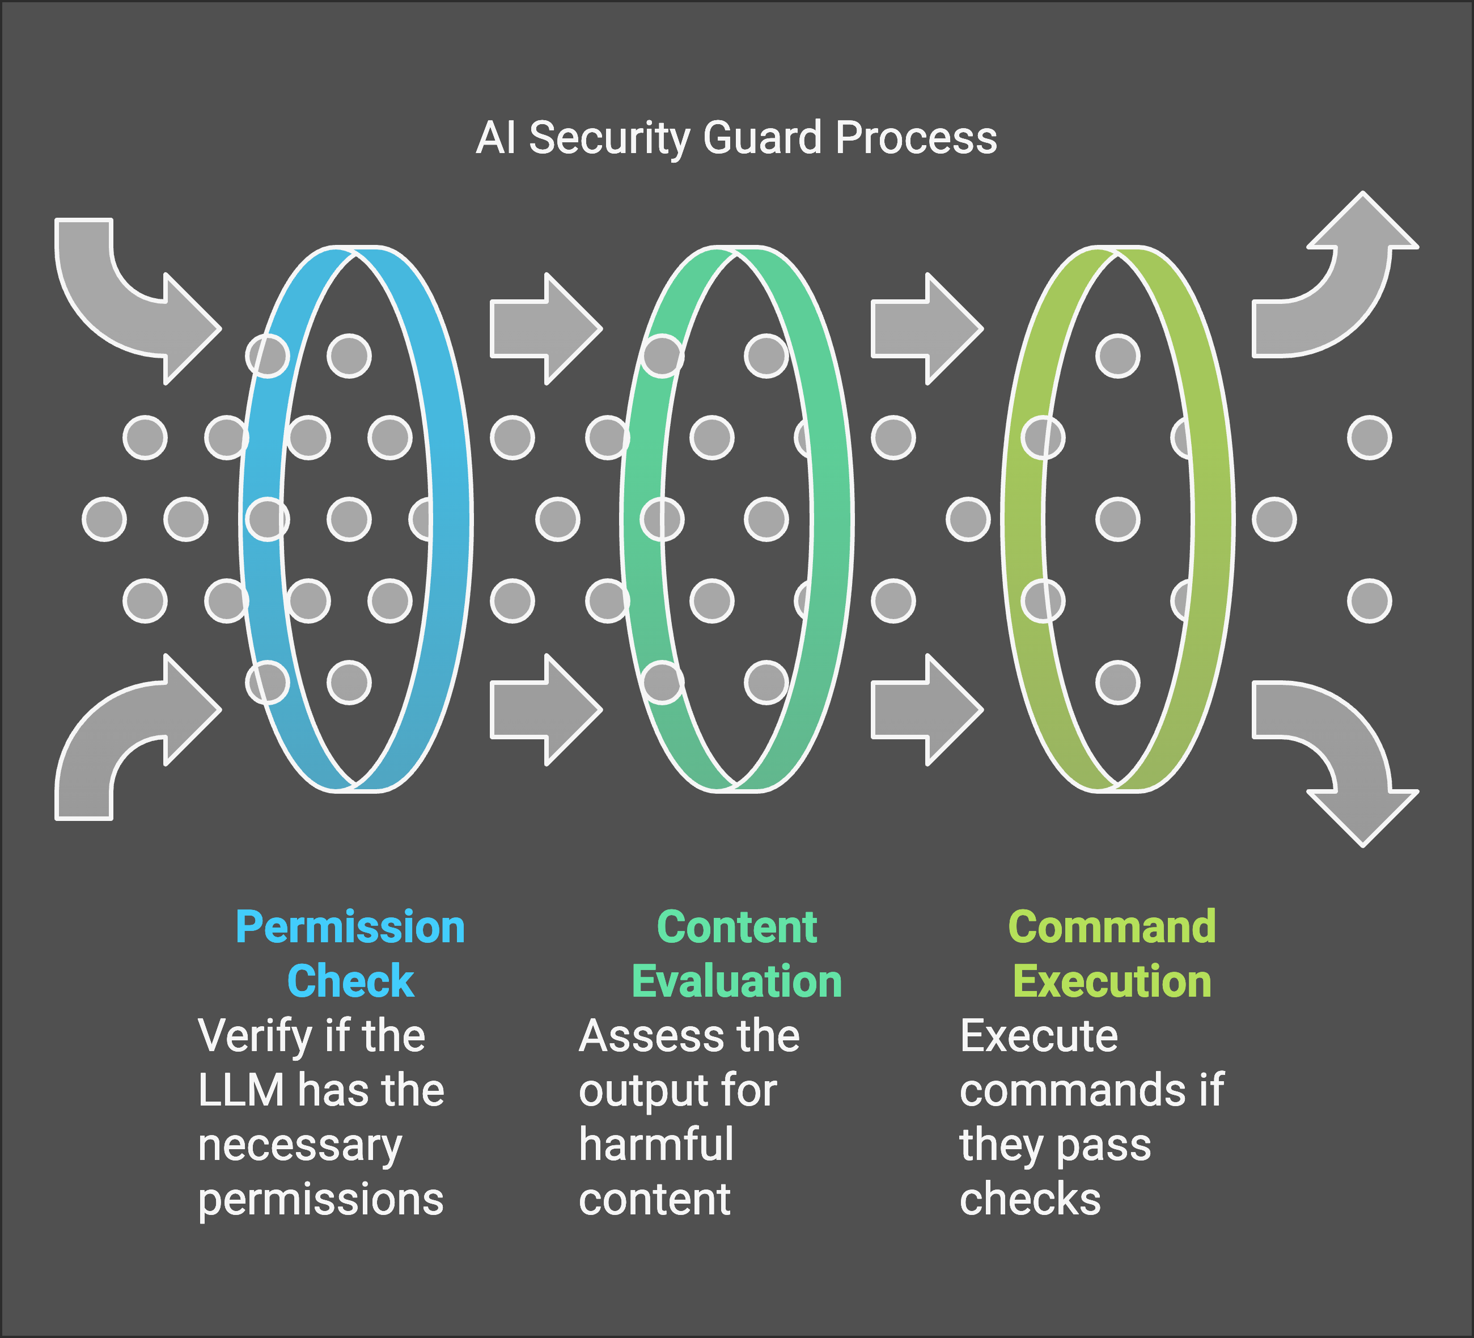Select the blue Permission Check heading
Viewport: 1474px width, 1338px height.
(350, 954)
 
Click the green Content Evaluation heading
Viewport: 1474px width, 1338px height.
(736, 954)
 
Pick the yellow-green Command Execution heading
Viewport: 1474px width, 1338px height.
(1111, 954)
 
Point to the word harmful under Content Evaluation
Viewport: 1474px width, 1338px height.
(656, 1145)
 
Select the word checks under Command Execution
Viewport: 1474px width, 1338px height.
(1030, 1200)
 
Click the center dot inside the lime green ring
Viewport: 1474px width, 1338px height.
(1117, 519)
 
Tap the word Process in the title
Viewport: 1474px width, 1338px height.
(916, 138)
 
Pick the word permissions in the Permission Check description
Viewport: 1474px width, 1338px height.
(320, 1200)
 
